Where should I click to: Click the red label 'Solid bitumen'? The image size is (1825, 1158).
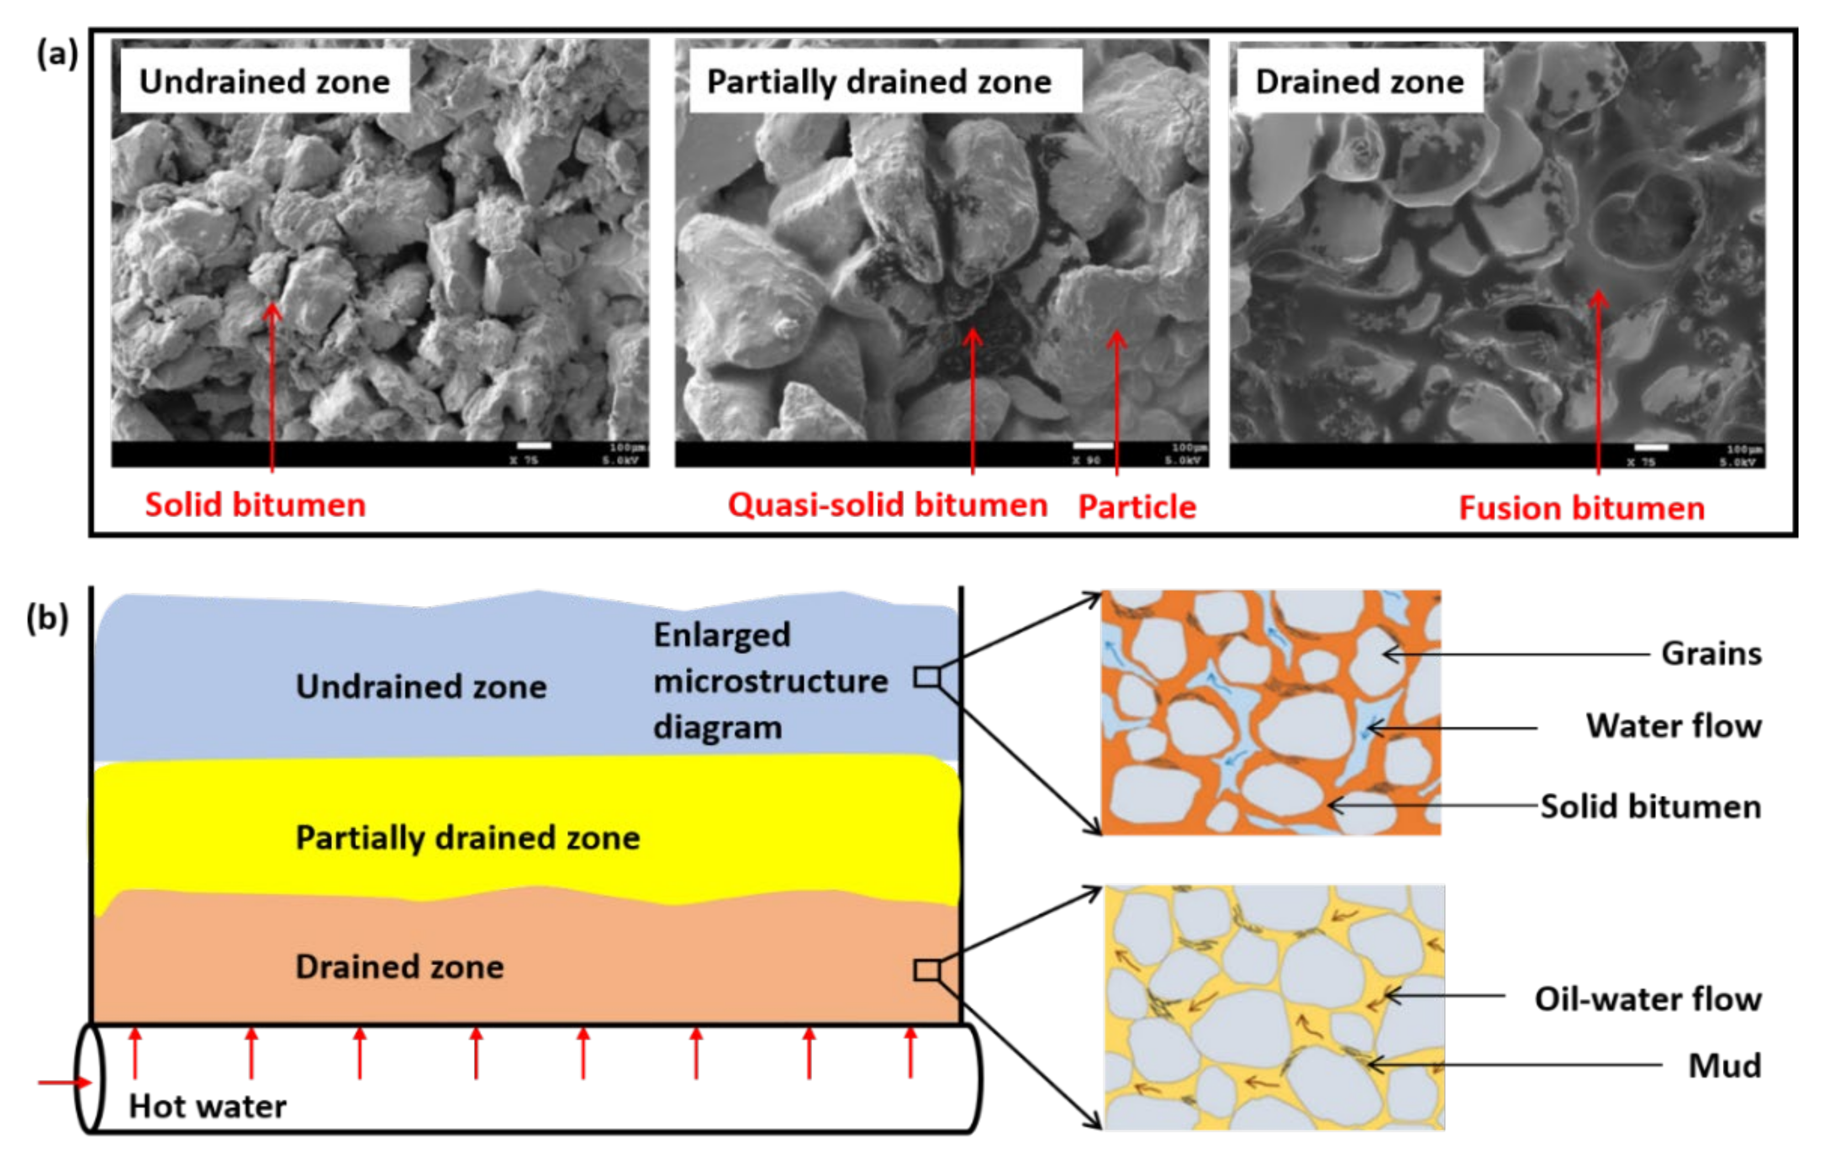[255, 505]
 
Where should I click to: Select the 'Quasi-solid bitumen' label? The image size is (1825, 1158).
[888, 505]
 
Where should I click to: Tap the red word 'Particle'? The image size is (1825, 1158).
[1137, 506]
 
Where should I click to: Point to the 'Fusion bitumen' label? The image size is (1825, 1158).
[1582, 508]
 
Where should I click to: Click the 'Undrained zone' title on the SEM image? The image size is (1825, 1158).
[265, 81]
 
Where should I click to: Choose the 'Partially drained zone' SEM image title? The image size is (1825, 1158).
[879, 81]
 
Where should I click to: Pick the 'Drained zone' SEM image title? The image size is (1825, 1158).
[1360, 81]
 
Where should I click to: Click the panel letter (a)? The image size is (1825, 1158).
[57, 55]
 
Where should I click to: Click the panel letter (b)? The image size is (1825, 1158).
[47, 618]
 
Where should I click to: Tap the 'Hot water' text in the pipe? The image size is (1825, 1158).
[208, 1107]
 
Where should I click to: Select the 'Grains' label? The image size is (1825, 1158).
[1711, 653]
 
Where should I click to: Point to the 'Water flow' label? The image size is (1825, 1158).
[1674, 726]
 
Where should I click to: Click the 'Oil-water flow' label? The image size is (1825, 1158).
[1648, 999]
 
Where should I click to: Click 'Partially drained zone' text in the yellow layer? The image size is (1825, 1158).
[468, 838]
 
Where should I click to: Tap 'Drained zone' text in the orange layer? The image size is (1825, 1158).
[399, 967]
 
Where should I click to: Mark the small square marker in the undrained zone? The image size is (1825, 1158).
[926, 677]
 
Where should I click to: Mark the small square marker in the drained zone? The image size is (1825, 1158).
[926, 970]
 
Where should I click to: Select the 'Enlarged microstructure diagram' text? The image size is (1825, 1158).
[769, 681]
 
